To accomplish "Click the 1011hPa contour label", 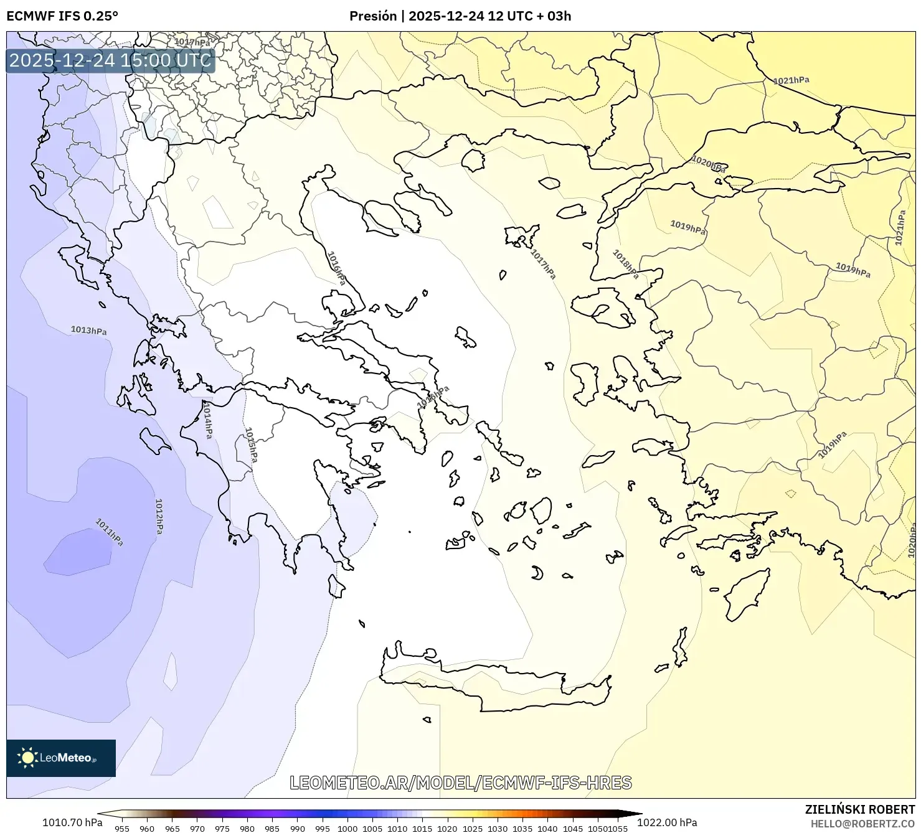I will point(109,532).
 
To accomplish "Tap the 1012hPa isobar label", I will point(159,516).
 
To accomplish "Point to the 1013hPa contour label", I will point(88,330).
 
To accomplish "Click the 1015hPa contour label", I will point(251,445).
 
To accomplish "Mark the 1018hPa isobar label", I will point(625,264).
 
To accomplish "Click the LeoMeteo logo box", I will point(61,758).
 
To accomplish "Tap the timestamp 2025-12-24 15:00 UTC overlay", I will point(110,60).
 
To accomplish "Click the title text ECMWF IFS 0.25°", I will point(62,16).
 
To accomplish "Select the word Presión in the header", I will point(373,16).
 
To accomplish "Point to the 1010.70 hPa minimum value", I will point(72,822).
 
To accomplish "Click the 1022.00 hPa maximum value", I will point(667,822).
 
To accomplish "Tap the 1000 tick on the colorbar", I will point(347,828).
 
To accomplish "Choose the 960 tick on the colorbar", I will point(147,828).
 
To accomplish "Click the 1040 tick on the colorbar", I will point(547,828).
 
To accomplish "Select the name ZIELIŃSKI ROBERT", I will point(860,809).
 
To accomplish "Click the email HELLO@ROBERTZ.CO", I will point(862,824).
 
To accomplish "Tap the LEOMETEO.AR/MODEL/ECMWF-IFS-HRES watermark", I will point(461,783).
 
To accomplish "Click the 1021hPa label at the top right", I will point(791,80).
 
